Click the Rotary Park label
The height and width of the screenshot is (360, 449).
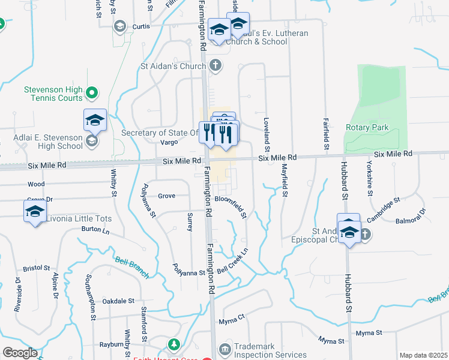[367, 127]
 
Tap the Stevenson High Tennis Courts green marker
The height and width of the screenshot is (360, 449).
[92, 93]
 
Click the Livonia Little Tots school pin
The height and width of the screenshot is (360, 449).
[35, 212]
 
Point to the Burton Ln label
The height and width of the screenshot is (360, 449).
[95, 229]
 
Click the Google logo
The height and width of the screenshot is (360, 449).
[20, 353]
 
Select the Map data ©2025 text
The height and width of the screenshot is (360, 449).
[423, 355]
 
